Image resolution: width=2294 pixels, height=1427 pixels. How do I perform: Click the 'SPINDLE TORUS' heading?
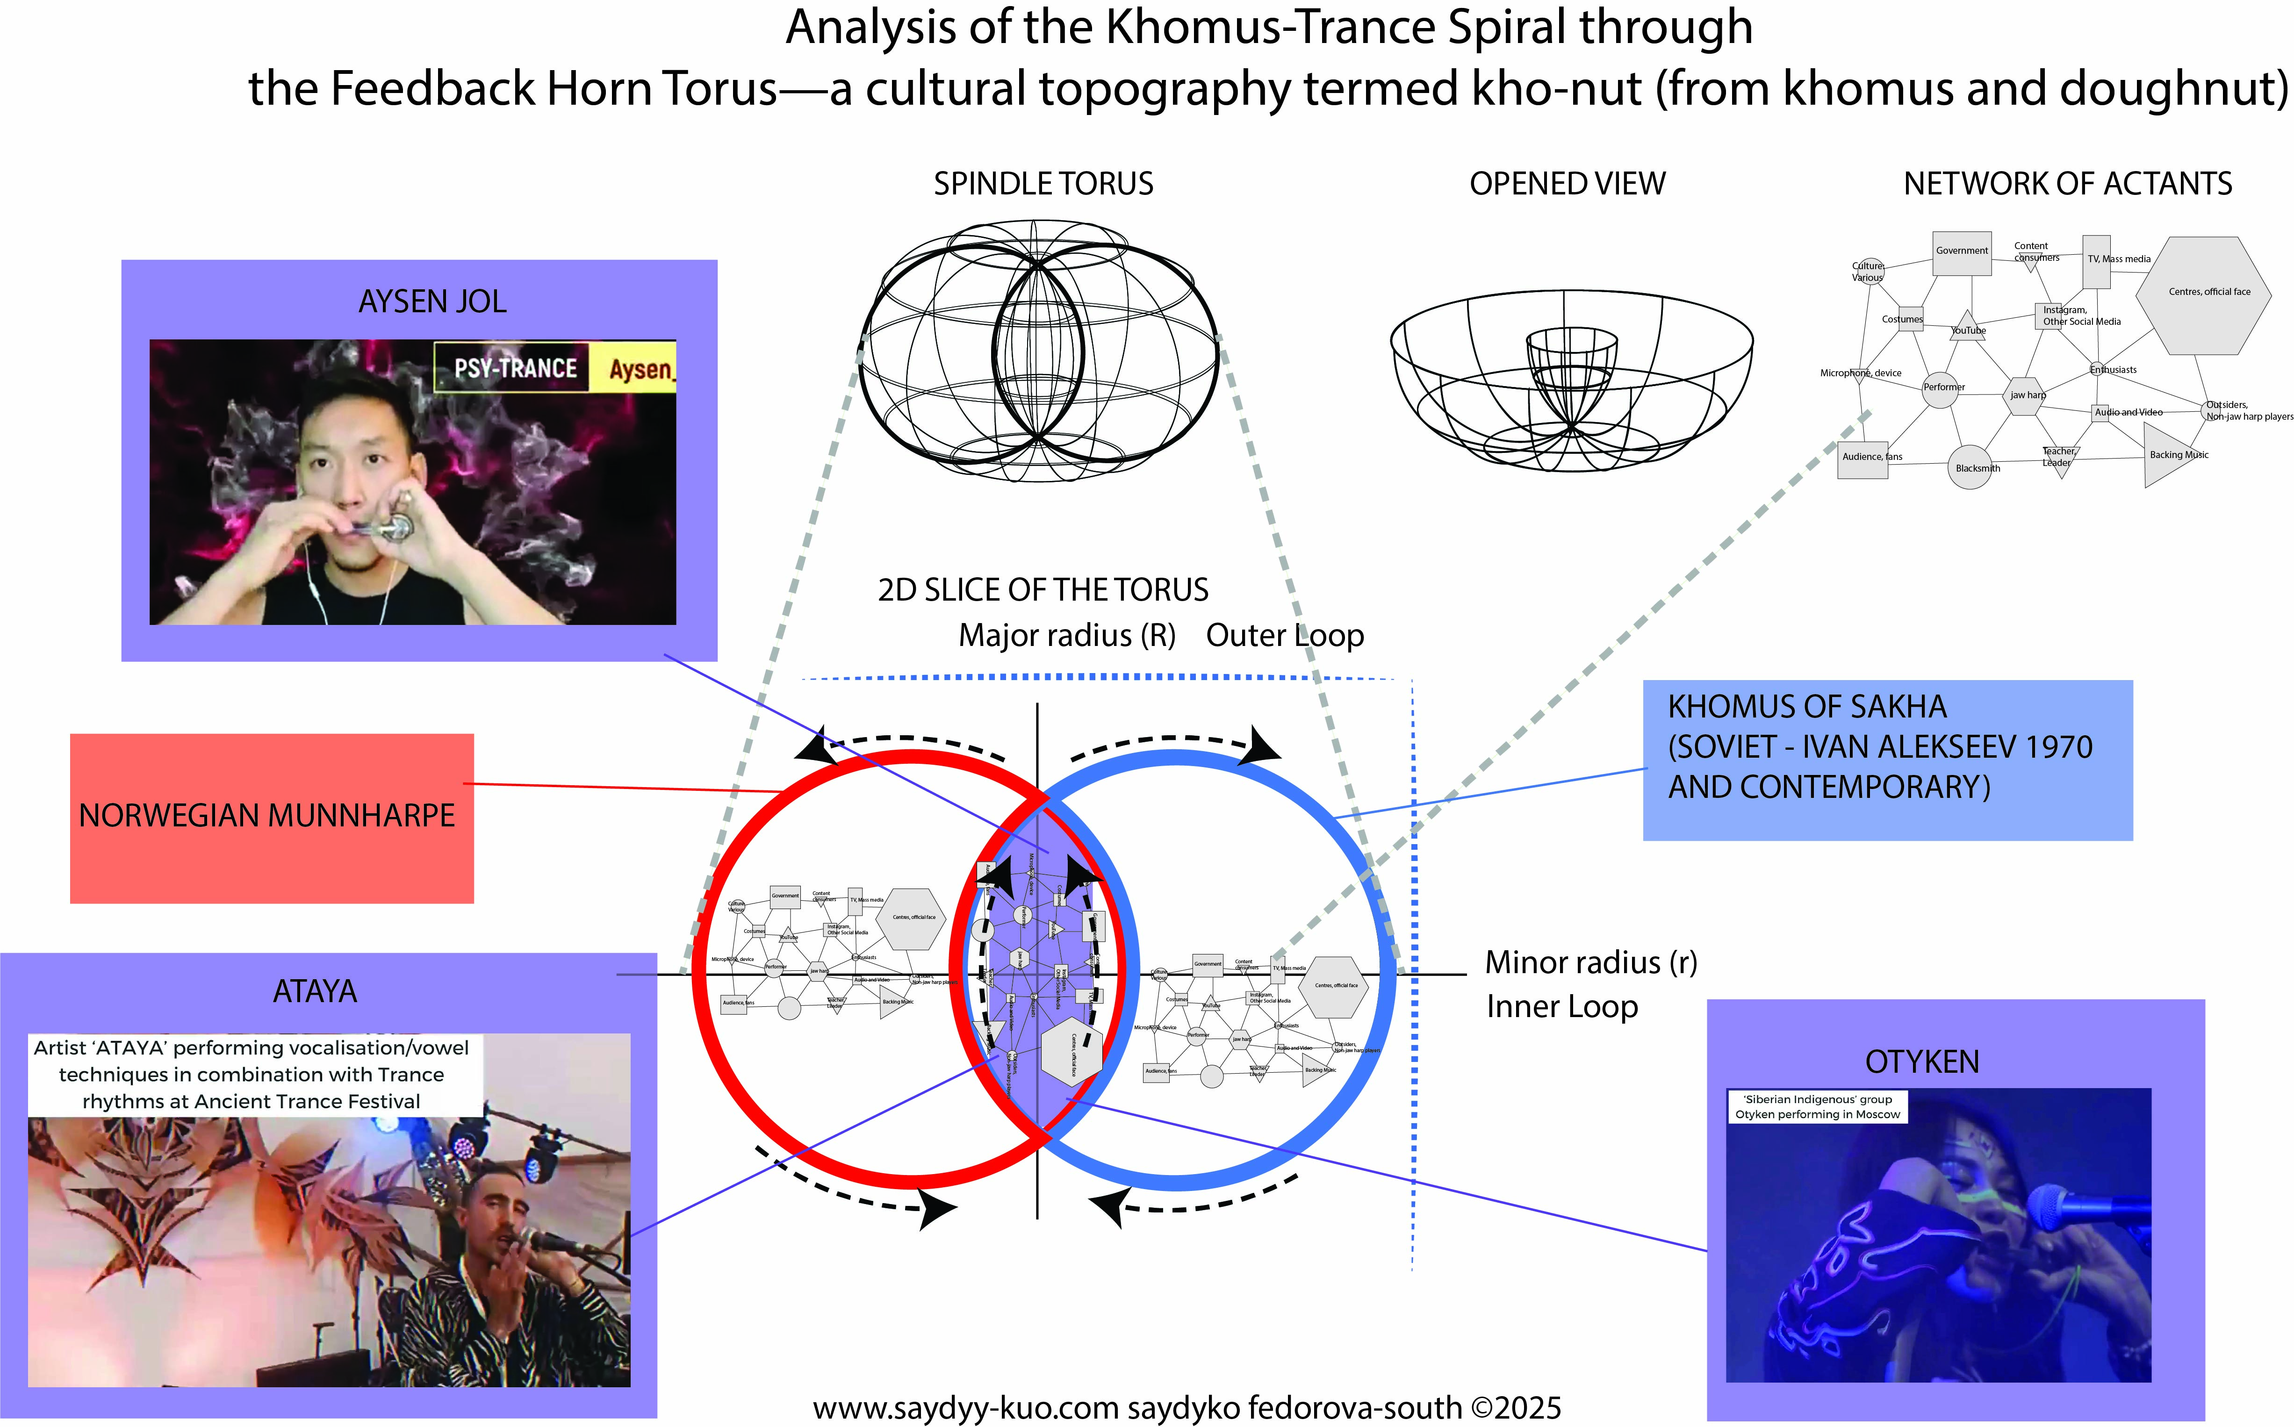pyautogui.click(x=1043, y=184)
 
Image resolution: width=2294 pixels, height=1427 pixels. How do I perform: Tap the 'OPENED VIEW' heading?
pyautogui.click(x=1567, y=184)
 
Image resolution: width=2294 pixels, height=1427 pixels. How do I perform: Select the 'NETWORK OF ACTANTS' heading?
pyautogui.click(x=2067, y=184)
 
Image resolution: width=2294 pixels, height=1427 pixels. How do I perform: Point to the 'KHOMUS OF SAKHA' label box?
pyautogui.click(x=1887, y=760)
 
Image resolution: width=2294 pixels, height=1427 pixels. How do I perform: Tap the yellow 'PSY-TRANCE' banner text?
pyautogui.click(x=516, y=368)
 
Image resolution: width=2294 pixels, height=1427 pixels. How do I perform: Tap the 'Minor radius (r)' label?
pyautogui.click(x=1591, y=963)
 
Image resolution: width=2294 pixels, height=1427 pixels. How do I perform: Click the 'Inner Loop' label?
pyautogui.click(x=1562, y=1007)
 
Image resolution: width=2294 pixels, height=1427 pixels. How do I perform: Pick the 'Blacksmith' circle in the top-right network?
pyautogui.click(x=1971, y=467)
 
